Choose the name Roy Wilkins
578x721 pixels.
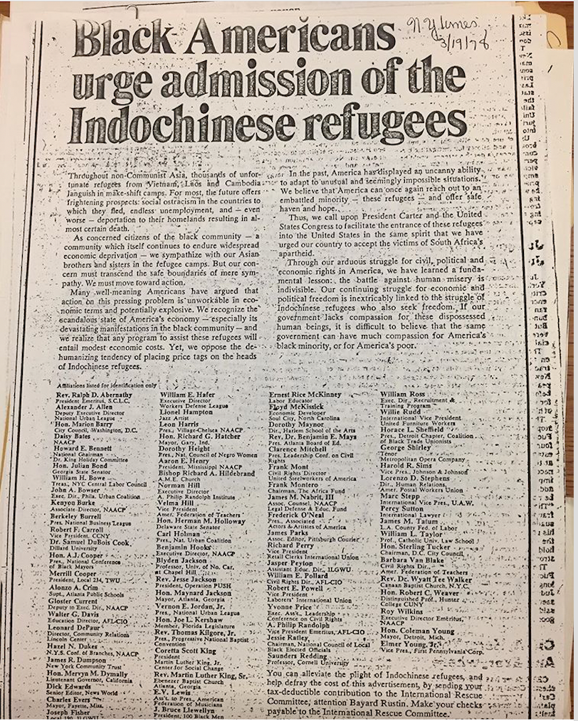(402, 609)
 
